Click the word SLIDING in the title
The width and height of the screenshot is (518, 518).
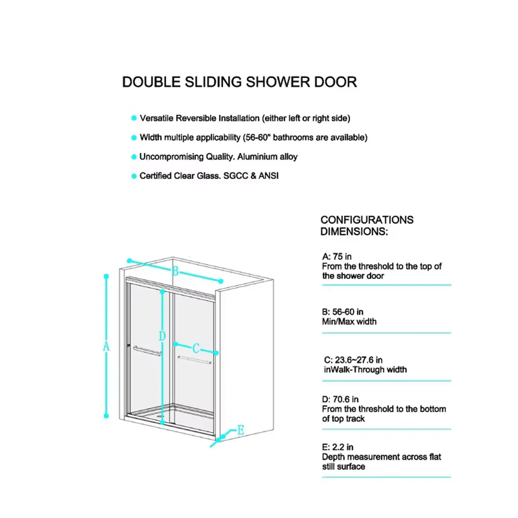pyautogui.click(x=213, y=82)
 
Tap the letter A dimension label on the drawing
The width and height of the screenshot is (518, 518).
pyautogui.click(x=106, y=346)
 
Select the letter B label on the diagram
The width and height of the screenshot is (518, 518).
pyautogui.click(x=175, y=271)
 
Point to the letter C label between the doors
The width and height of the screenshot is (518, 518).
pyautogui.click(x=196, y=349)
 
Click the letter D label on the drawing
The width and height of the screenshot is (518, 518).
pyautogui.click(x=162, y=336)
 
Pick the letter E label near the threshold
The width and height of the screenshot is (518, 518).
pyautogui.click(x=240, y=430)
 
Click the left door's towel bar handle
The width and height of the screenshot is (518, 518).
pyautogui.click(x=147, y=351)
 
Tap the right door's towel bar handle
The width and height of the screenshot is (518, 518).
pyautogui.click(x=194, y=360)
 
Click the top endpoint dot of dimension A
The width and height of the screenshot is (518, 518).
pyautogui.click(x=106, y=276)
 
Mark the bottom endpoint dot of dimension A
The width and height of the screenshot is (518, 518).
pyautogui.click(x=106, y=416)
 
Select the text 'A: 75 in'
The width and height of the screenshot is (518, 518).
pyautogui.click(x=336, y=256)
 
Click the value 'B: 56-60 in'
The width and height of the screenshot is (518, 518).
pyautogui.click(x=342, y=312)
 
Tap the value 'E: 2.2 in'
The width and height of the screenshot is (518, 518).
pyautogui.click(x=337, y=447)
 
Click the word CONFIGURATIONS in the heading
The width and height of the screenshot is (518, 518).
pyautogui.click(x=367, y=220)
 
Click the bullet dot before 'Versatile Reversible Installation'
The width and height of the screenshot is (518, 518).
pyautogui.click(x=134, y=118)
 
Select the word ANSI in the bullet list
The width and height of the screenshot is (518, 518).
pyautogui.click(x=269, y=176)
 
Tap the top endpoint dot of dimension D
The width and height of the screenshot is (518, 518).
pyautogui.click(x=162, y=292)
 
